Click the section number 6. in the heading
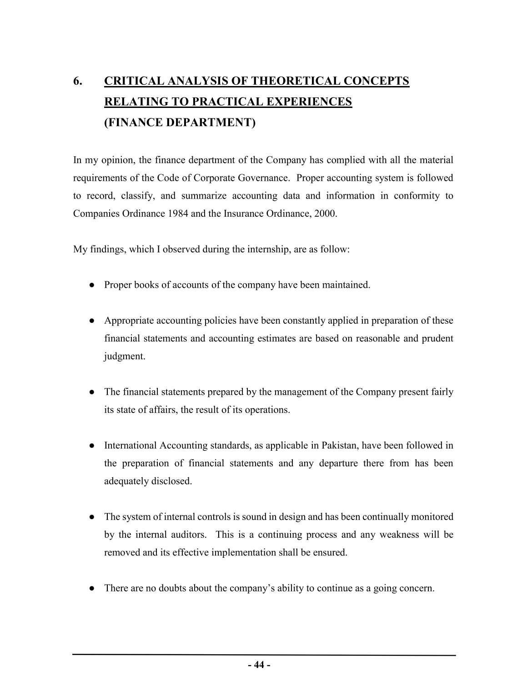tap(78, 81)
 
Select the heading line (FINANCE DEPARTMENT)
tap(180, 122)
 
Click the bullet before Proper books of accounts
tap(91, 285)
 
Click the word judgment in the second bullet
tap(125, 357)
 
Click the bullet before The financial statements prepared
tap(91, 392)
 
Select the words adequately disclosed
tap(148, 481)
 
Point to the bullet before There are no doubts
tap(91, 588)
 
